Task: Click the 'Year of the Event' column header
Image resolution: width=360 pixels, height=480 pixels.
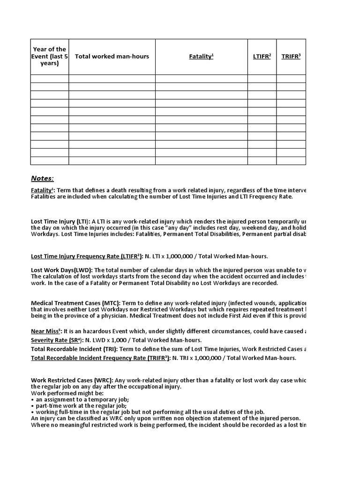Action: tap(50, 56)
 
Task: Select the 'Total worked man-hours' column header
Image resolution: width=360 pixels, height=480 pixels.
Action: tap(112, 56)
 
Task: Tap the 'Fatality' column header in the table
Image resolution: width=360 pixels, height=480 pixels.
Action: tap(201, 57)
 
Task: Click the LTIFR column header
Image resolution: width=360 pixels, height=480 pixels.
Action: tap(262, 57)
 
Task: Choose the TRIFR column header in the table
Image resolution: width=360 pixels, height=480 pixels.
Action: tap(291, 57)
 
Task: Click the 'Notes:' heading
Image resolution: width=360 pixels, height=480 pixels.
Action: tap(43, 178)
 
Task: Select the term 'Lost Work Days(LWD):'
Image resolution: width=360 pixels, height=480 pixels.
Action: tap(62, 270)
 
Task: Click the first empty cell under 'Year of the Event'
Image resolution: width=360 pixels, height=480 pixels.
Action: tap(50, 79)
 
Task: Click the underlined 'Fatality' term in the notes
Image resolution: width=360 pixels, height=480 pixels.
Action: tap(41, 190)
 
